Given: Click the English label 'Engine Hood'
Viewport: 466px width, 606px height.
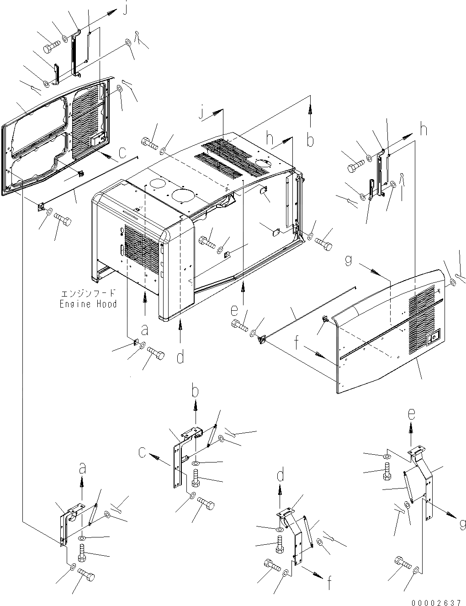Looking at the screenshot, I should click(88, 304).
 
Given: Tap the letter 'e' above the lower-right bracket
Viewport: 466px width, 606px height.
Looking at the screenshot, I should click(411, 415).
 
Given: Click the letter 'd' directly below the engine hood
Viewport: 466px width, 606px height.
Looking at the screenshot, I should click(180, 357).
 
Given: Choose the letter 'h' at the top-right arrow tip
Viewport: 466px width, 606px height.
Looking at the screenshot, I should click(424, 129).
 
